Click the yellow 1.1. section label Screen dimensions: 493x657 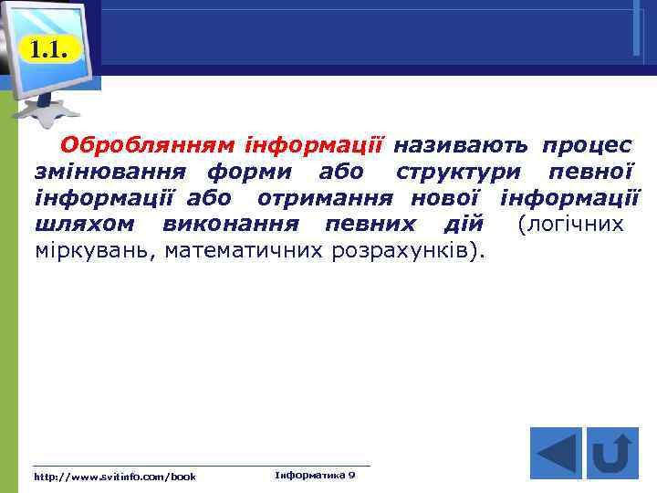coord(48,49)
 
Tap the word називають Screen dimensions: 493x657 coord(462,145)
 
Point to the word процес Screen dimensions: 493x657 coord(587,145)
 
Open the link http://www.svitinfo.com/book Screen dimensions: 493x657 coord(114,477)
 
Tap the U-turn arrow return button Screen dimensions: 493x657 coord(612,453)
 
